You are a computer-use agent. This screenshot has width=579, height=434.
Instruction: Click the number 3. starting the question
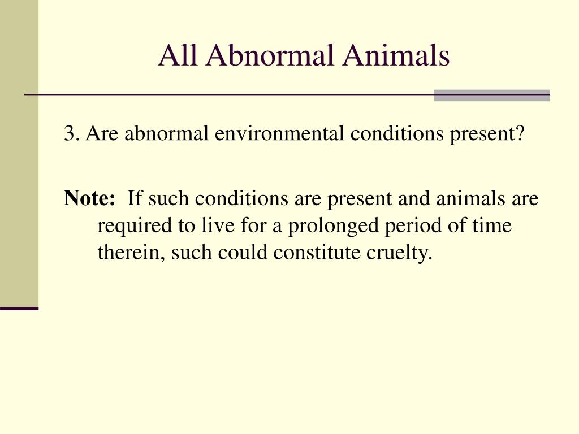(x=71, y=134)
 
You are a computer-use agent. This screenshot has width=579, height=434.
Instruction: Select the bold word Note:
(x=90, y=198)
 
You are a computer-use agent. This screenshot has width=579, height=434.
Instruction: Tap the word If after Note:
(x=133, y=198)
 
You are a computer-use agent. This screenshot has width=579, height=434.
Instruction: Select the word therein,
(x=131, y=253)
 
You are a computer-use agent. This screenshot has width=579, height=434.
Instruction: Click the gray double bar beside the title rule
(x=492, y=95)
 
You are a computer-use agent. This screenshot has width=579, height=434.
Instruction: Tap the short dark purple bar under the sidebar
(x=19, y=308)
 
